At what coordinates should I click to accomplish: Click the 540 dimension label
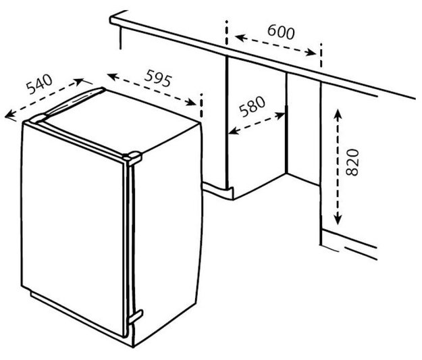39,84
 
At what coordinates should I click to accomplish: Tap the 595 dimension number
158,78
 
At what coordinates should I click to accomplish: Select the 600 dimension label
281,32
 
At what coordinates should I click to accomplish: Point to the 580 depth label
252,106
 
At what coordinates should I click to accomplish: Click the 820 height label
352,162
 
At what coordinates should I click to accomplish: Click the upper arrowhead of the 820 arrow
338,113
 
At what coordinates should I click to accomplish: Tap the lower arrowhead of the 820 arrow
338,220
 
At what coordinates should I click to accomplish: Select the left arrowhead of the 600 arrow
240,37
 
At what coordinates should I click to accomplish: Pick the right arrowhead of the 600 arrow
311,52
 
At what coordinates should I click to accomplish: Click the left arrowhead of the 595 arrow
113,76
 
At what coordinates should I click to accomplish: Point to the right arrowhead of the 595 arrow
191,102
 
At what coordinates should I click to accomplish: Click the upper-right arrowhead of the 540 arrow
79,81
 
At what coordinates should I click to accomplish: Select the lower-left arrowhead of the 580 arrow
234,131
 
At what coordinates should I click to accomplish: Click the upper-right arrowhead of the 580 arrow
280,115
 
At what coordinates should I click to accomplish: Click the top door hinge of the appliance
132,158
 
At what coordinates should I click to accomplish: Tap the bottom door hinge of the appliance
135,317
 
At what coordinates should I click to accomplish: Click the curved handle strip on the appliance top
73,102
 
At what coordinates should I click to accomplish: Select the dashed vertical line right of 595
201,105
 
